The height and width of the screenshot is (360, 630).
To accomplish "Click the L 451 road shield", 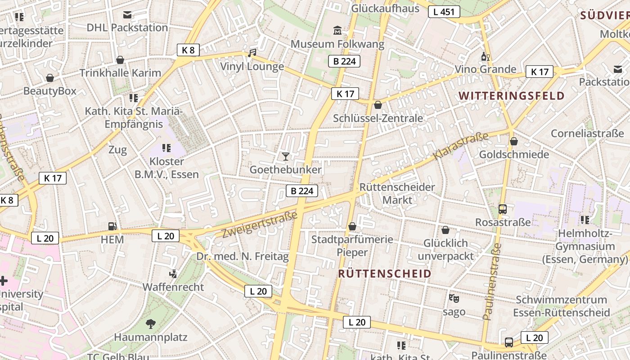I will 444,12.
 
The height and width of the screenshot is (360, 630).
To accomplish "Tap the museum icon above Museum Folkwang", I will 337,31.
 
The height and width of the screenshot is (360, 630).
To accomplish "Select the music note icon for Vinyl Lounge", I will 252,54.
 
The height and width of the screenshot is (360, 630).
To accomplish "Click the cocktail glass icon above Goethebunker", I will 285,156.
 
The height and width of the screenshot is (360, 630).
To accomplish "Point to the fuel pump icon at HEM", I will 112,226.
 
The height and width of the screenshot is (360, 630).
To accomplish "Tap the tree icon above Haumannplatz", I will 150,324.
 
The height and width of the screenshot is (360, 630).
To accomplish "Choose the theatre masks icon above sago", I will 454,298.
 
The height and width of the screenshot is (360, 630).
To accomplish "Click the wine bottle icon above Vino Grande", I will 485,56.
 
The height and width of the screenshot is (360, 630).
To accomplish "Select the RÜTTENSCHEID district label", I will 384,274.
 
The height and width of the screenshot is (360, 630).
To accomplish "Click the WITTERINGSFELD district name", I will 512,95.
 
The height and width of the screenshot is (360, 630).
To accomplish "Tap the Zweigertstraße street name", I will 260,224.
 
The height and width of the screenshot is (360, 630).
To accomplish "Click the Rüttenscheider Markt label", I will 397,193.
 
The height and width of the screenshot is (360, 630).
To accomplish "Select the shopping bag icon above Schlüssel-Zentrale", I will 378,105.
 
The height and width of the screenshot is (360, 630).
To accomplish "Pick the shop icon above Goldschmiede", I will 513,142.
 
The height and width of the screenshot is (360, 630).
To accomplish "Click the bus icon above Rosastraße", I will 503,209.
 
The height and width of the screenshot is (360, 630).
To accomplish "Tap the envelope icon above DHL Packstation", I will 127,15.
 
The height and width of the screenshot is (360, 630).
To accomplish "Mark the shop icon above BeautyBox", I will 50,78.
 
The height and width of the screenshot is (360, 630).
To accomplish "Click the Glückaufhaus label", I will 385,8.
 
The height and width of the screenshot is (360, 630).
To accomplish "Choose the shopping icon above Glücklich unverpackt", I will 445,230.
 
